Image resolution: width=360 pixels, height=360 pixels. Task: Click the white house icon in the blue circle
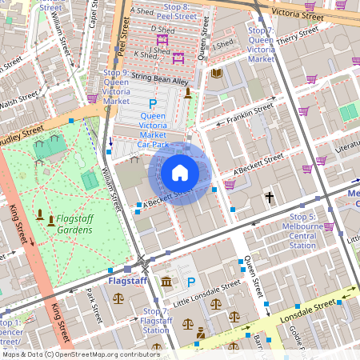tap(180, 172)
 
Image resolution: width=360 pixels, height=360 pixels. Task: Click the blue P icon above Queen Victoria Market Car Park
tap(153, 103)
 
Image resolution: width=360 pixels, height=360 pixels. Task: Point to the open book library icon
tap(216, 74)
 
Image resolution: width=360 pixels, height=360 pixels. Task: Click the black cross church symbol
tap(270, 197)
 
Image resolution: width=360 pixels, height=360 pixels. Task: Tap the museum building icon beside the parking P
tap(166, 282)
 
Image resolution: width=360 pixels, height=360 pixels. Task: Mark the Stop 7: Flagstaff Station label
tap(154, 320)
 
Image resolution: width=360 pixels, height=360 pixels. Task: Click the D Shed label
tap(162, 28)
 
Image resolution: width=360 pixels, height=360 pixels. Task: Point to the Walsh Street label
tap(18, 102)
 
